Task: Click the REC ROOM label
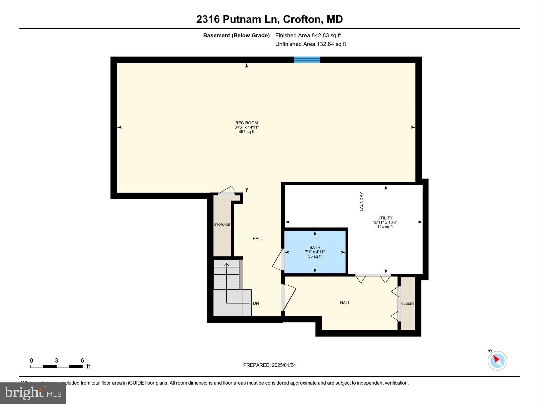pos(246,123)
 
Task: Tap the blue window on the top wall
pos(307,60)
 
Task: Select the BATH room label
pos(315,247)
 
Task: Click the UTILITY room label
pos(385,218)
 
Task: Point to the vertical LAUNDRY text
pos(362,201)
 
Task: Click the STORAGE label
pos(222,225)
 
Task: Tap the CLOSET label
pos(408,304)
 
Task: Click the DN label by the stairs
pos(256,303)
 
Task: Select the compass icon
pos(497,361)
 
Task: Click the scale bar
pos(56,366)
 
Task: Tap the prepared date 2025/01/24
pos(269,365)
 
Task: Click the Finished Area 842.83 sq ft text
pos(308,35)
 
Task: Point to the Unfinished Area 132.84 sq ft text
pos(311,44)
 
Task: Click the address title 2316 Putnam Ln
pos(269,19)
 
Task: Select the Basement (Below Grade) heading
pos(236,35)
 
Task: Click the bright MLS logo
pos(33,393)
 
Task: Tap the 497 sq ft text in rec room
pos(246,132)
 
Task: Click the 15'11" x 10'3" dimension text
pos(385,222)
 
